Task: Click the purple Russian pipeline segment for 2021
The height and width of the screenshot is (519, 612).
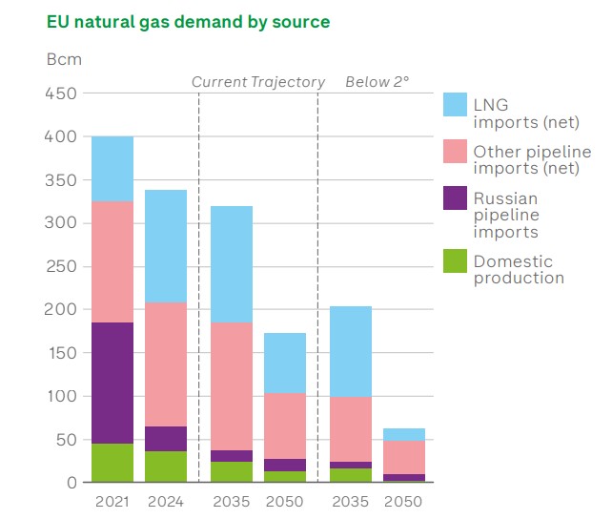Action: pyautogui.click(x=112, y=383)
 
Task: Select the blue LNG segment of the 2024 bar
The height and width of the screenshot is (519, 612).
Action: pyautogui.click(x=166, y=246)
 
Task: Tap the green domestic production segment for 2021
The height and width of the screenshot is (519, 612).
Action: pyautogui.click(x=112, y=463)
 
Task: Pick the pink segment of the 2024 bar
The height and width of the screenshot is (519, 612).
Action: pyautogui.click(x=166, y=363)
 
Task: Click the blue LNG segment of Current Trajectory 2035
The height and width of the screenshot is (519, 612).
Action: pyautogui.click(x=232, y=264)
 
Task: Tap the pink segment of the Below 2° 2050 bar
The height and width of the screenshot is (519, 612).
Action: pyautogui.click(x=404, y=457)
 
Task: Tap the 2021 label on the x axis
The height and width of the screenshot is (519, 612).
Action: pyautogui.click(x=112, y=501)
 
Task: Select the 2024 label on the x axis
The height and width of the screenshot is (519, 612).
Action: pyautogui.click(x=166, y=501)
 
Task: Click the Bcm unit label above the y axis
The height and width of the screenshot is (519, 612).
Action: pyautogui.click(x=64, y=59)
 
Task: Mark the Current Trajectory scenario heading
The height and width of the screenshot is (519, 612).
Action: pyautogui.click(x=258, y=82)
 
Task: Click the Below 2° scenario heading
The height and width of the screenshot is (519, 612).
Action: pyautogui.click(x=377, y=82)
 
